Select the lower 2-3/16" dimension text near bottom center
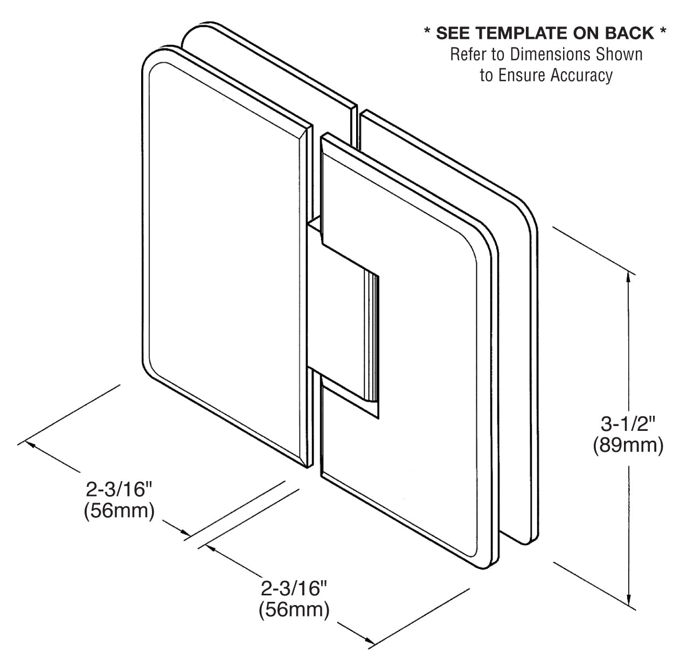294,588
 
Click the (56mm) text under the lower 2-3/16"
294,610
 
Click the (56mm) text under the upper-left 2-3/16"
120,511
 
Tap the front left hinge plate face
221,259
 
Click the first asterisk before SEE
427,32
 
